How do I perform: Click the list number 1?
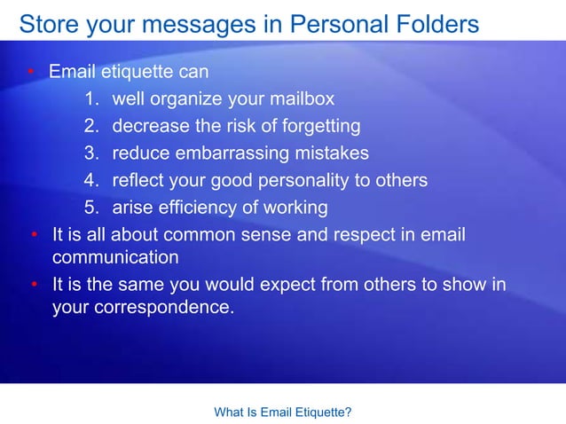click(x=91, y=98)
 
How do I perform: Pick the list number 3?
click(x=91, y=153)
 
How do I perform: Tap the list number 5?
click(x=91, y=208)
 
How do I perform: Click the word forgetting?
click(x=315, y=126)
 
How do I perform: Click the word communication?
click(x=115, y=258)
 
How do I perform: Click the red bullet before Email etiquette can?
click(x=29, y=71)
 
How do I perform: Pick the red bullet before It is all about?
click(x=33, y=236)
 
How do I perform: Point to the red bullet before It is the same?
click(x=33, y=287)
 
